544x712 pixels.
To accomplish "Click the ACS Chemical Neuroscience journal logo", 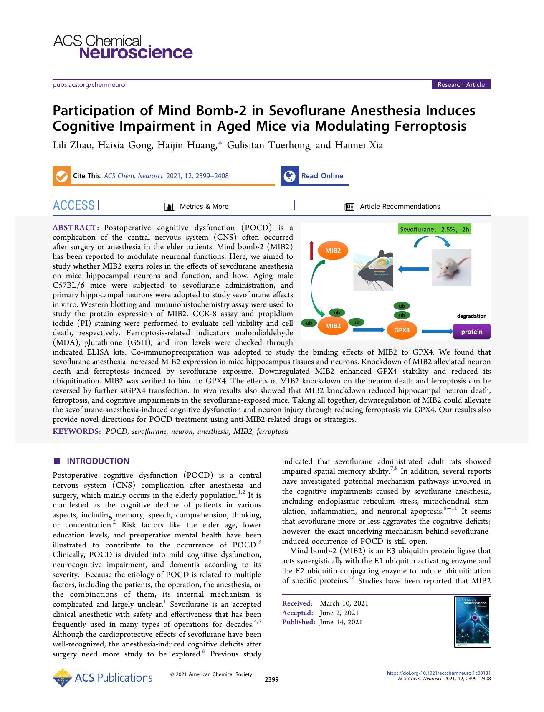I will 123,47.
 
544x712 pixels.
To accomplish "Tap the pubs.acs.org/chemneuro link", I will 89,85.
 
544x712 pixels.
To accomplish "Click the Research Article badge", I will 461,85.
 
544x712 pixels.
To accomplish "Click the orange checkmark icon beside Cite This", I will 61,176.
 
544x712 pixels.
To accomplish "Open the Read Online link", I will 322,176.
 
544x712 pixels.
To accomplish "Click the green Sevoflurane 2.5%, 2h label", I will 434,229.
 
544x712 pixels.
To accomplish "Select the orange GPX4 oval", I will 402,330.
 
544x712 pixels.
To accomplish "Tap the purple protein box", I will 471,332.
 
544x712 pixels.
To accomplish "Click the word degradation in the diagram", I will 471,316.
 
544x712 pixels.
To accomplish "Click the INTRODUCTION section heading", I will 98,461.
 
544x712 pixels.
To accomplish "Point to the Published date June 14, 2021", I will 341,622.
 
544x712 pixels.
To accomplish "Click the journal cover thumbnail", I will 472,622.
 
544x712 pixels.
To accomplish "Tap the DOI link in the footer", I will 439,673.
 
